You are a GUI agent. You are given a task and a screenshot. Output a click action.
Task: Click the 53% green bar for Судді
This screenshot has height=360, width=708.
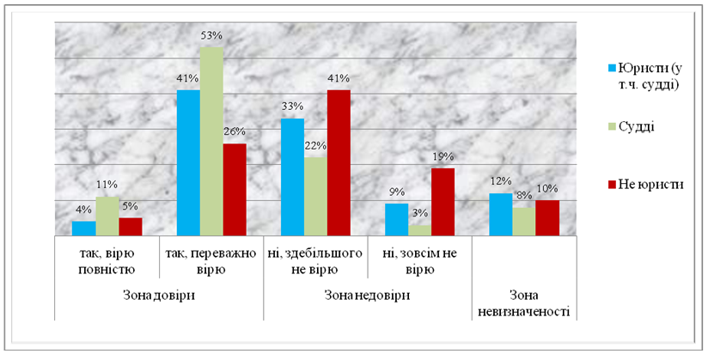(211, 141)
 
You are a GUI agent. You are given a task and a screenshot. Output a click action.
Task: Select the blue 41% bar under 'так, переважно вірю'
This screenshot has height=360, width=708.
(188, 162)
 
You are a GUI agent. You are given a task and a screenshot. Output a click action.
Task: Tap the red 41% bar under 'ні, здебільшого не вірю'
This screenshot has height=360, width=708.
(339, 162)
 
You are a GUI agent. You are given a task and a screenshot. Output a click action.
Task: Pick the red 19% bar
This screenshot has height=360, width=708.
(442, 201)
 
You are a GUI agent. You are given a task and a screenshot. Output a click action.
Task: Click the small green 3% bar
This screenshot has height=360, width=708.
(419, 229)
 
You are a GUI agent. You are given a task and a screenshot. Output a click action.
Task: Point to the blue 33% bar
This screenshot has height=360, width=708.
(293, 176)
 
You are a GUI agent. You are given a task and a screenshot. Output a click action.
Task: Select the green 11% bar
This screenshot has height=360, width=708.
(107, 216)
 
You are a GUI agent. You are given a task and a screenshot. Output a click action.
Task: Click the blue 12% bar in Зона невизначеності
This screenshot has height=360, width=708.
(500, 214)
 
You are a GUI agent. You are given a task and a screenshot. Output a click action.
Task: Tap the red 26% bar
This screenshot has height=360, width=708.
(235, 189)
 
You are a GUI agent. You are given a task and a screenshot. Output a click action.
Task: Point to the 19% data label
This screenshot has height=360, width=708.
(442, 157)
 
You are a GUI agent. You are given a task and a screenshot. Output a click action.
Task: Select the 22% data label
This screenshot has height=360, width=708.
(315, 147)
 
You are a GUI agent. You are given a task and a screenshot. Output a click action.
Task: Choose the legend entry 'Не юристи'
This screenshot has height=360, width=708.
(650, 184)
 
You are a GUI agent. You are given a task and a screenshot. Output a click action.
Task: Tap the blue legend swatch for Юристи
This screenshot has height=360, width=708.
(612, 66)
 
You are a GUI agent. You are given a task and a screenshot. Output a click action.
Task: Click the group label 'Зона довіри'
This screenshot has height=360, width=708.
(159, 295)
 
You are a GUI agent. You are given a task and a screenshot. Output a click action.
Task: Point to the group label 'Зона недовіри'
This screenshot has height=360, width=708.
(367, 295)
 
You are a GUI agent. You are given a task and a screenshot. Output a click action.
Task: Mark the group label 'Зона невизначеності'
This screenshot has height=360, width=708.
(524, 302)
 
